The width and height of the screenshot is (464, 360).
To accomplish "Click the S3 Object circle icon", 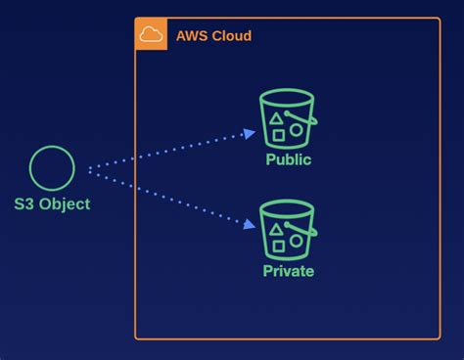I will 52,168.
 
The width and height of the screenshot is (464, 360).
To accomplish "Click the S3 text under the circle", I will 24,204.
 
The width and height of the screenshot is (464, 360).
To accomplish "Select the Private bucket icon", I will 287,230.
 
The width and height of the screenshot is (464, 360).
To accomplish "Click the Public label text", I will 288,159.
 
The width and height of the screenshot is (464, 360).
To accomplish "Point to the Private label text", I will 288,271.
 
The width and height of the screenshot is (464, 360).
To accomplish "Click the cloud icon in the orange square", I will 151,35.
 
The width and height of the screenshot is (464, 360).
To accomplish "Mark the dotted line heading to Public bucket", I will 166,153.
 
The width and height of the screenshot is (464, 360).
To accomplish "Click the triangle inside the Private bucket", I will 278,229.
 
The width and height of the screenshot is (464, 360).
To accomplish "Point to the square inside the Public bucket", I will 278,133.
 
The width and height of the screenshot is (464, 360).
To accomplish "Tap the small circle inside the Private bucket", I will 296,240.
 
